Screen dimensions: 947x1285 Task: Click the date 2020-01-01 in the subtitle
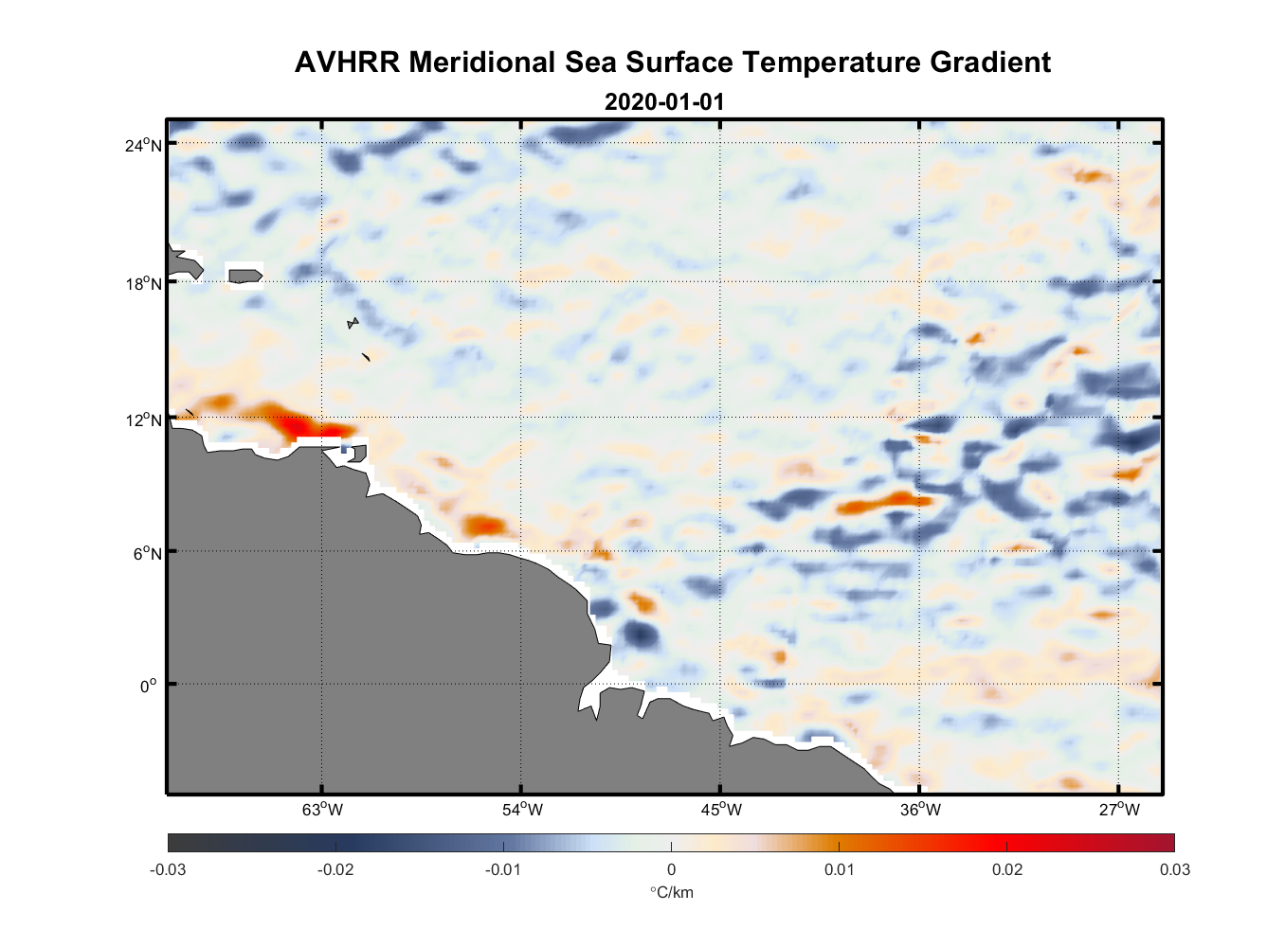[x=663, y=102]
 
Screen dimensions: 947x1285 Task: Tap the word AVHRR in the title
[x=347, y=63]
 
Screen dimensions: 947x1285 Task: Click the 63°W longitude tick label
[x=322, y=810]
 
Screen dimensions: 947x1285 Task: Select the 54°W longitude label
[x=522, y=810]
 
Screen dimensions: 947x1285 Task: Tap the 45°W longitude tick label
[x=721, y=810]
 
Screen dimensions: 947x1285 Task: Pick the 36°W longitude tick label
[x=920, y=810]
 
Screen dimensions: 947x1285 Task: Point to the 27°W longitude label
[x=1119, y=810]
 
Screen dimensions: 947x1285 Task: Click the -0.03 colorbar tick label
[x=168, y=869]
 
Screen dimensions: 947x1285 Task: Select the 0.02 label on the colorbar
[x=1006, y=869]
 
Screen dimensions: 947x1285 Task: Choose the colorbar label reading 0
[x=671, y=869]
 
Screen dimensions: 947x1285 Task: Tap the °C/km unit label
[x=671, y=892]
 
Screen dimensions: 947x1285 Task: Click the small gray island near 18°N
[x=244, y=276]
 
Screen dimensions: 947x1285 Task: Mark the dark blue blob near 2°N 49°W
[x=640, y=634]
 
